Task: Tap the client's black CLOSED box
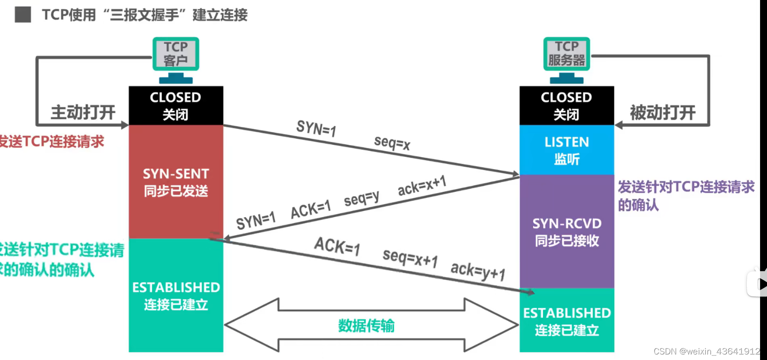coord(176,106)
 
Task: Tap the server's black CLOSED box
coord(566,106)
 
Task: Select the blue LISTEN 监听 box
coord(566,150)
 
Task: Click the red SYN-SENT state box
coord(176,182)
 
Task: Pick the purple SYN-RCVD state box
coord(566,232)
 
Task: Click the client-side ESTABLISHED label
coord(176,288)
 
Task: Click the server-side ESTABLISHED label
coord(566,313)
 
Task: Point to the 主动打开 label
coord(83,112)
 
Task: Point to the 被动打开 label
coord(662,112)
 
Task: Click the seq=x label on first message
coord(392,143)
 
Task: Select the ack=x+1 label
coord(422,185)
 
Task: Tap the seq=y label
coord(361,199)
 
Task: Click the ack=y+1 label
coord(478,271)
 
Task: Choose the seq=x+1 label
coord(410,257)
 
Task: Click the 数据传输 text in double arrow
coord(366,326)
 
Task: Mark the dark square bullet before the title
coord(23,15)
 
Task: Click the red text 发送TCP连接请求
coord(52,142)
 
